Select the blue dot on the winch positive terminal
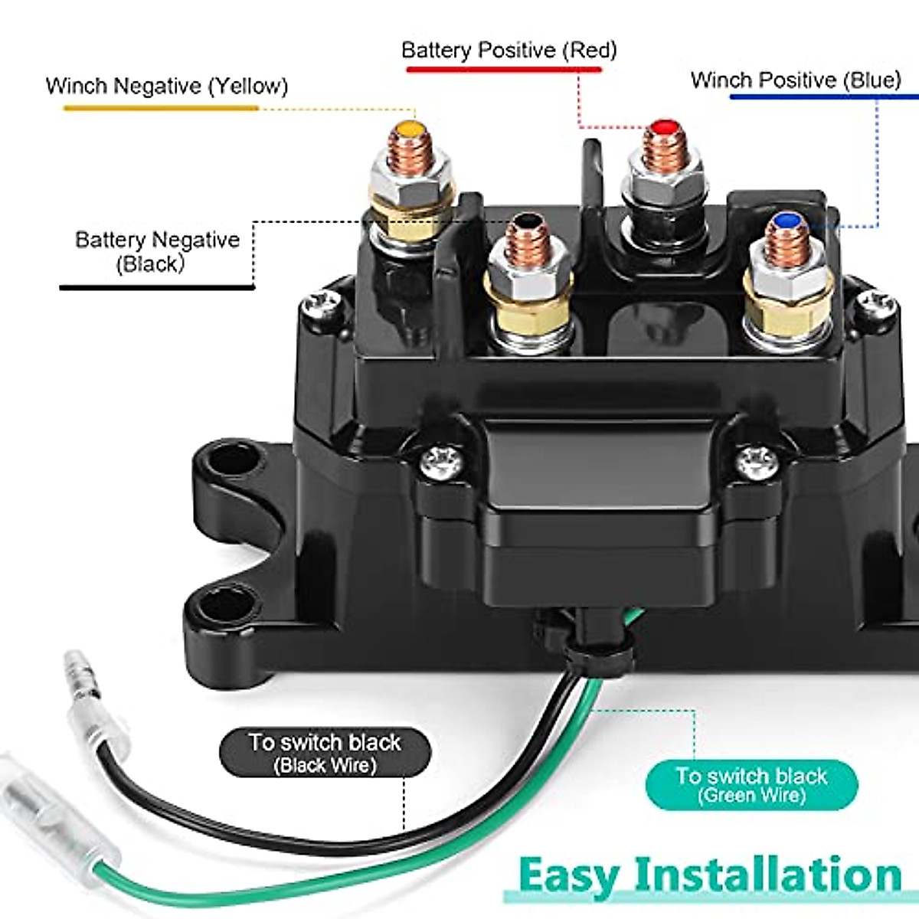(784, 222)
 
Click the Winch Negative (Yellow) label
(167, 86)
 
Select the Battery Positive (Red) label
(509, 51)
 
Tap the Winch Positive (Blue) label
(796, 80)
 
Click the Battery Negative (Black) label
(157, 251)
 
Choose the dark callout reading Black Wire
(325, 753)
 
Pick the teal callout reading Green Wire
(751, 784)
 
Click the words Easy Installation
(709, 875)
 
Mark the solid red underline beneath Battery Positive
(503, 70)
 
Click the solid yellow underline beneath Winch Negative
(161, 108)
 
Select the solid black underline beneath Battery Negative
(157, 288)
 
